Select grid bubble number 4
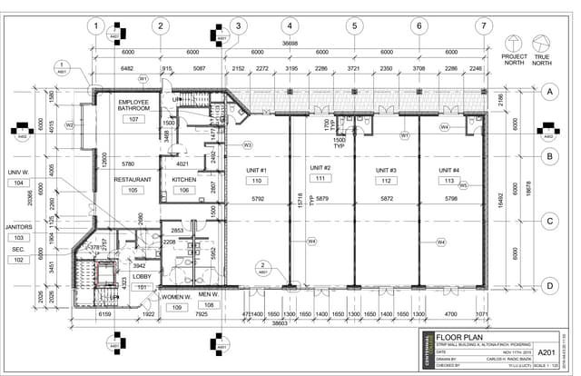pyautogui.click(x=289, y=25)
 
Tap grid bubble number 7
pyautogui.click(x=484, y=25)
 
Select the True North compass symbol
pyautogui.click(x=542, y=42)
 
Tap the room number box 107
pyautogui.click(x=133, y=119)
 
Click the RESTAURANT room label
pyautogui.click(x=132, y=180)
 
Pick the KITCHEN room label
pyautogui.click(x=184, y=180)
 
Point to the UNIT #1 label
pyautogui.click(x=257, y=171)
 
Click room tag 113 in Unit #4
pyautogui.click(x=448, y=181)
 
